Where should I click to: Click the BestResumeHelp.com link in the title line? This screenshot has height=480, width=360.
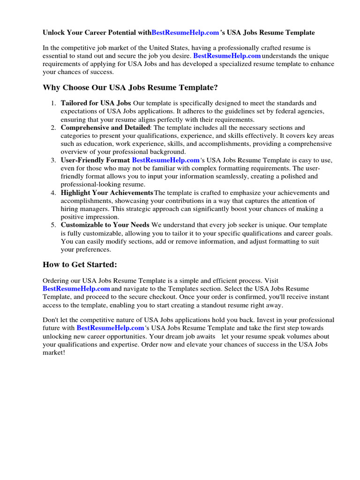coord(185,33)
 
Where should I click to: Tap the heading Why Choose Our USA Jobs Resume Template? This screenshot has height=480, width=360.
coord(130,88)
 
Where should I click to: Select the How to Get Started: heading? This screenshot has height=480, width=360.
coord(80,265)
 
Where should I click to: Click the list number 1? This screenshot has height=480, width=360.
coord(54,103)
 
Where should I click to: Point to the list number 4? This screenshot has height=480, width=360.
coord(54,193)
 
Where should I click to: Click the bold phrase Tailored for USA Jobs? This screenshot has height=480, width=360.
coord(96,103)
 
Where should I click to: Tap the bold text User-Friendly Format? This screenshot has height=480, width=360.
coord(96,160)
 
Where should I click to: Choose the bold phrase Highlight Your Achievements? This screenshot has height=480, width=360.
coord(107,193)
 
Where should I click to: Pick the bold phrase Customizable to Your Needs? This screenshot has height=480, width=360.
coord(105,225)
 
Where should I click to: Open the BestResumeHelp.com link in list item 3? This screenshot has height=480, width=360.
coord(166,160)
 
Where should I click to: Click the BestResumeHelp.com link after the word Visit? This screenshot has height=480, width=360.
coord(76,289)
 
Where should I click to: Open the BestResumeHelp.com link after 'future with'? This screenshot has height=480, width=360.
coord(110,328)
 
